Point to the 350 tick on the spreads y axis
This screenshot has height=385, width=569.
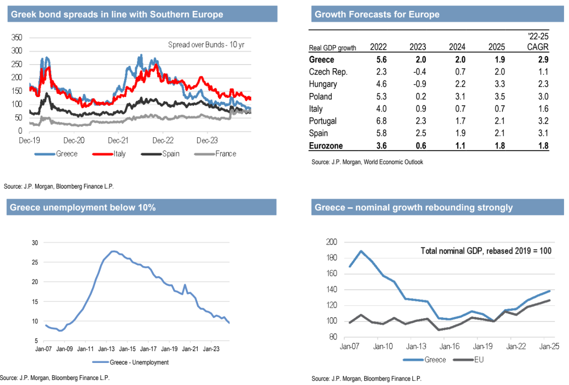(16, 37)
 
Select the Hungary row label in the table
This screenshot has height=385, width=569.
(323, 84)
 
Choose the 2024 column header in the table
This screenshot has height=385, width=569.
(457, 47)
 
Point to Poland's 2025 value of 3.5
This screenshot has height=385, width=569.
(497, 96)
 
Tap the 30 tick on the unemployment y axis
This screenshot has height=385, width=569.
(35, 243)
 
